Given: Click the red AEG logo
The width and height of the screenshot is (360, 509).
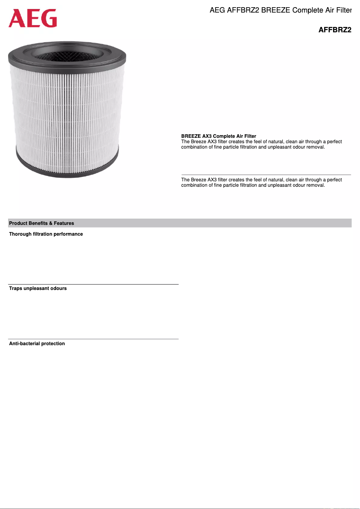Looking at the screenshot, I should [33, 18].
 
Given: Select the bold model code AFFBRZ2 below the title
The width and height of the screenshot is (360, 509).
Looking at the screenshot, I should [334, 30].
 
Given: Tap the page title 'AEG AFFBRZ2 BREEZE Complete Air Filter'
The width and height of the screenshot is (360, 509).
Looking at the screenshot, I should [280, 10].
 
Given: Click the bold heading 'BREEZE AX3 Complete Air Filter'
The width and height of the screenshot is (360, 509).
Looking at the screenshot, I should [219, 136].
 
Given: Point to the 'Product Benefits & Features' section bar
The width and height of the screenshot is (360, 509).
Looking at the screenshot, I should [180, 223].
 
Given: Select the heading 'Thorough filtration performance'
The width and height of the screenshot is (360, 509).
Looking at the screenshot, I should [46, 234].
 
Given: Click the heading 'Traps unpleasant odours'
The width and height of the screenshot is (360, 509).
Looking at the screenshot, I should [38, 288].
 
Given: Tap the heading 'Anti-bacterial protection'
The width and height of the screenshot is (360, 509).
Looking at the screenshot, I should [37, 343].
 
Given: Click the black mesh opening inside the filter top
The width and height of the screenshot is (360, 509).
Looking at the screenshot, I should [67, 55].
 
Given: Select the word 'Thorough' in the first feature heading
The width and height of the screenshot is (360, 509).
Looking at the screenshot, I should [20, 234].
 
